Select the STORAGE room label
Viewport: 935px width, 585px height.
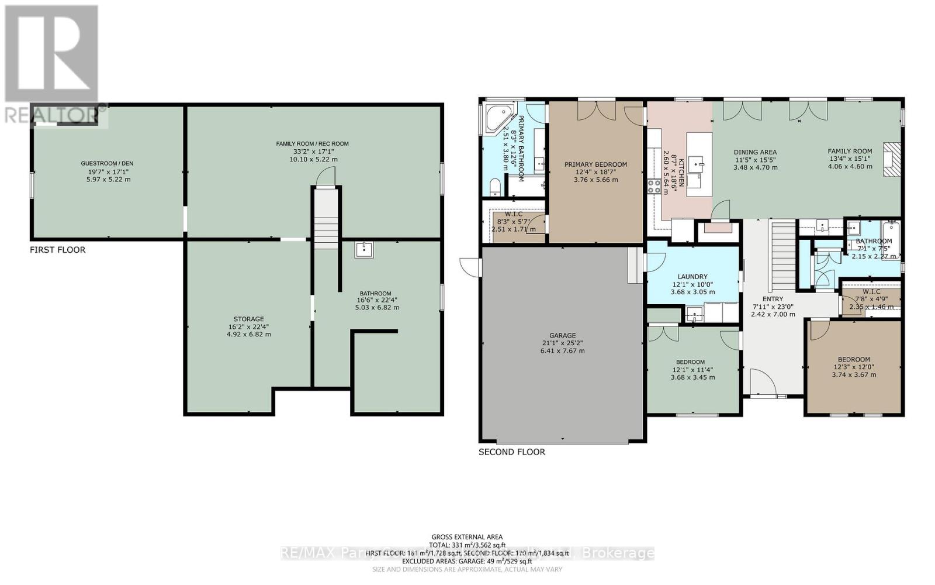tap(249, 319)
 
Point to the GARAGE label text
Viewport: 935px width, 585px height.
tap(562, 336)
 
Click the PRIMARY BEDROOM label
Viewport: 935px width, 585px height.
tap(595, 164)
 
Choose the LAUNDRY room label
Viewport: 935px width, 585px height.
tap(692, 277)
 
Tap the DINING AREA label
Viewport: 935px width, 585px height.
tap(755, 152)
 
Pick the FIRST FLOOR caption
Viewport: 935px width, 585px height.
tap(58, 250)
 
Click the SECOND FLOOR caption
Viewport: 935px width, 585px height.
tap(511, 452)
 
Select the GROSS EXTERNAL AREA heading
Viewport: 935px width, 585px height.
tap(467, 537)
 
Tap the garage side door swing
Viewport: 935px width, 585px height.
tap(469, 266)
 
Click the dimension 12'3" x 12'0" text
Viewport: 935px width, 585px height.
tap(854, 367)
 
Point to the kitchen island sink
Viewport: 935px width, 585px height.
tap(697, 162)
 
